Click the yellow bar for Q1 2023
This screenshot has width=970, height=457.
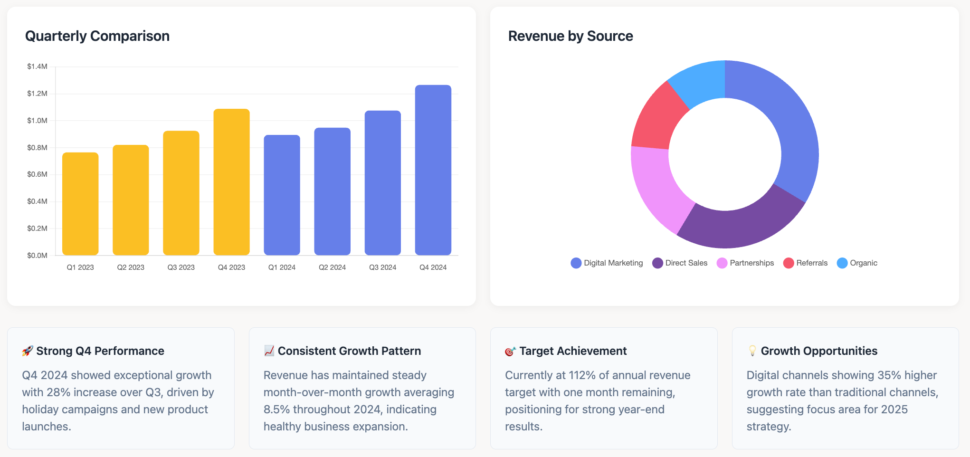coord(80,204)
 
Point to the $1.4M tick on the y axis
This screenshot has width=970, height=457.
coord(37,67)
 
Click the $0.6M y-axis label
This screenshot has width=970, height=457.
coord(37,174)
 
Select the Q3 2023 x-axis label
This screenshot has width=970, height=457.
coord(181,267)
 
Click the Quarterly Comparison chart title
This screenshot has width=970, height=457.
coord(97,36)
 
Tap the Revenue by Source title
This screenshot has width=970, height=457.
coord(571,36)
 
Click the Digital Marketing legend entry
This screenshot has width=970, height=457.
coord(607,263)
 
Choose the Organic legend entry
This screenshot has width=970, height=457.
coord(857,263)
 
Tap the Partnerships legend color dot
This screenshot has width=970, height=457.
coord(722,263)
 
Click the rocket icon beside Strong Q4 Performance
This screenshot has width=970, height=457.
coord(28,351)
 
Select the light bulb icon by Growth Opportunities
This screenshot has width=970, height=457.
coord(752,351)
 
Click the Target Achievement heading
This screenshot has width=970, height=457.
coord(573,351)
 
